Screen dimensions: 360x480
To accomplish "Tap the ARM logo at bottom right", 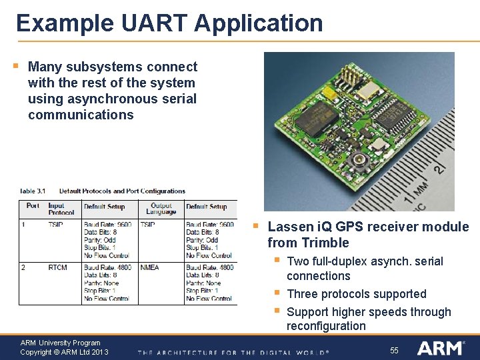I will [x=440, y=347].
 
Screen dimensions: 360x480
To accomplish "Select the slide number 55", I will [x=394, y=350].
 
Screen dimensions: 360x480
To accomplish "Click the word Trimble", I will [x=325, y=243].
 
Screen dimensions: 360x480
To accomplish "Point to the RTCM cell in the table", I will [x=57, y=267].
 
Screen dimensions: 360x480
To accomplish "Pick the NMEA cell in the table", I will [x=150, y=267].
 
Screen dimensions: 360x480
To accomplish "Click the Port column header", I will [x=33, y=206].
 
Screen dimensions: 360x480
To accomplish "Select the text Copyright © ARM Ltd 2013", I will [x=64, y=352].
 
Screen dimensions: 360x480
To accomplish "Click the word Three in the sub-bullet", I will [x=303, y=294].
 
